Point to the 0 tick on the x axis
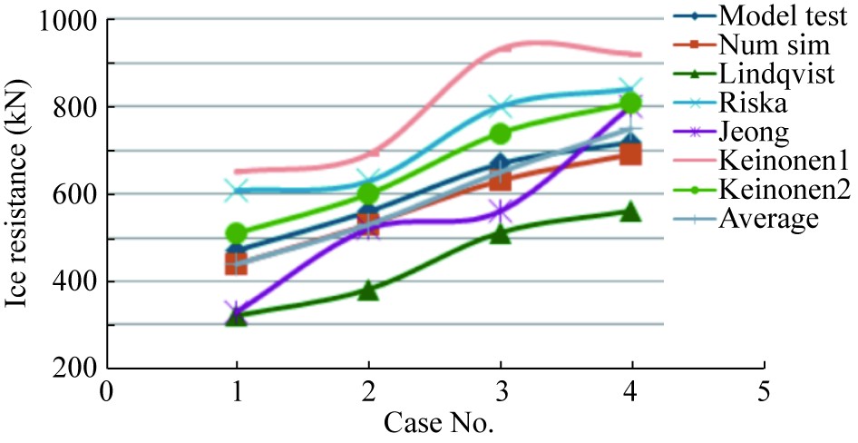pyautogui.click(x=106, y=392)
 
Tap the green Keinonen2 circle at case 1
pyautogui.click(x=237, y=233)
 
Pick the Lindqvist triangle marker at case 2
pyautogui.click(x=368, y=290)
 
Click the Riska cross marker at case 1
pyautogui.click(x=237, y=191)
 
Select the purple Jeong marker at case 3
pyautogui.click(x=500, y=213)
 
